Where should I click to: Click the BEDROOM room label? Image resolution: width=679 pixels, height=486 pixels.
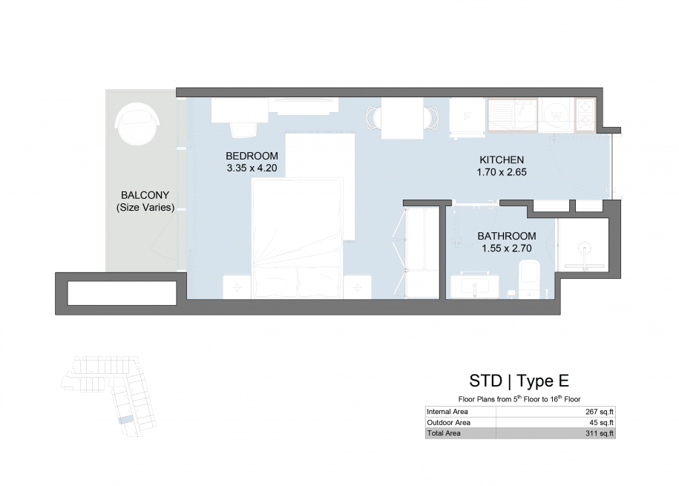coord(252,156)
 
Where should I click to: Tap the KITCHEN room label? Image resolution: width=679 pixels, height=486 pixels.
coord(502,160)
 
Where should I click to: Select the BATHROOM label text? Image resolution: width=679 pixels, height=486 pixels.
coord(507,236)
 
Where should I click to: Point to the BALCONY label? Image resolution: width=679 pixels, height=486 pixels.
coord(145,195)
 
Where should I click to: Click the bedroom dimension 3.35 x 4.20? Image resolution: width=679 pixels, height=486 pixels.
coord(252,168)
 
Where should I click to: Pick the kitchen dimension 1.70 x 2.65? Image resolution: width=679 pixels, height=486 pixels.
coord(502,172)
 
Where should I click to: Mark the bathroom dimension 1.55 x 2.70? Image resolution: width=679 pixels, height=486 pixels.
coord(507,249)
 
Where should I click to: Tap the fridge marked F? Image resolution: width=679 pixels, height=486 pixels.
coord(468,116)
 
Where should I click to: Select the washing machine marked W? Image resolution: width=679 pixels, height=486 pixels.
coord(557,115)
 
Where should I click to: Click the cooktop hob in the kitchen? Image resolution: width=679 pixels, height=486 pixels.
coord(585,114)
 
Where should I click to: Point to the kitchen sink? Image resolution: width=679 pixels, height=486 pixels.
coord(514,114)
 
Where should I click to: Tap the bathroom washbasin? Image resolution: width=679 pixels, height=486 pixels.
coord(474,286)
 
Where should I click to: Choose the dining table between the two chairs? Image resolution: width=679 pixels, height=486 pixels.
coord(402,118)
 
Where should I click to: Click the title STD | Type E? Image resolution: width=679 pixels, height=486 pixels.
coord(519,381)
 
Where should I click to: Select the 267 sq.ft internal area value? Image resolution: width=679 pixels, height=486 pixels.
coord(600,412)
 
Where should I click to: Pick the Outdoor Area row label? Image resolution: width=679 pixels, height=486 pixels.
coord(448,423)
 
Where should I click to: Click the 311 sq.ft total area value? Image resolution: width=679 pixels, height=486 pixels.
coord(600,433)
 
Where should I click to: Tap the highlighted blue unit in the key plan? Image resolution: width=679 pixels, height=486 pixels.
coord(126,419)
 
